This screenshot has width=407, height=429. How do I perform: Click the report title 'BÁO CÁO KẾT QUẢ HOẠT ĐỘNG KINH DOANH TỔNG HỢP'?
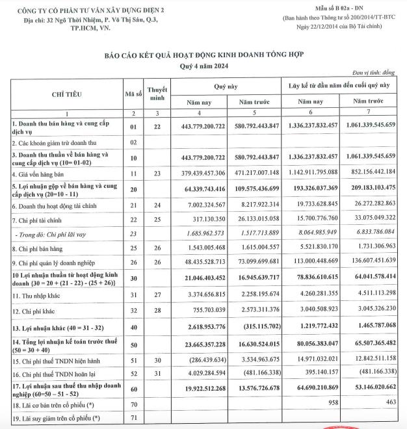pyautogui.click(x=204, y=57)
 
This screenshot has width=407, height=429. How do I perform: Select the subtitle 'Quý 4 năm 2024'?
pyautogui.click(x=204, y=67)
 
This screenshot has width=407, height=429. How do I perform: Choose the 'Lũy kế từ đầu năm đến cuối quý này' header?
pyautogui.click(x=339, y=86)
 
